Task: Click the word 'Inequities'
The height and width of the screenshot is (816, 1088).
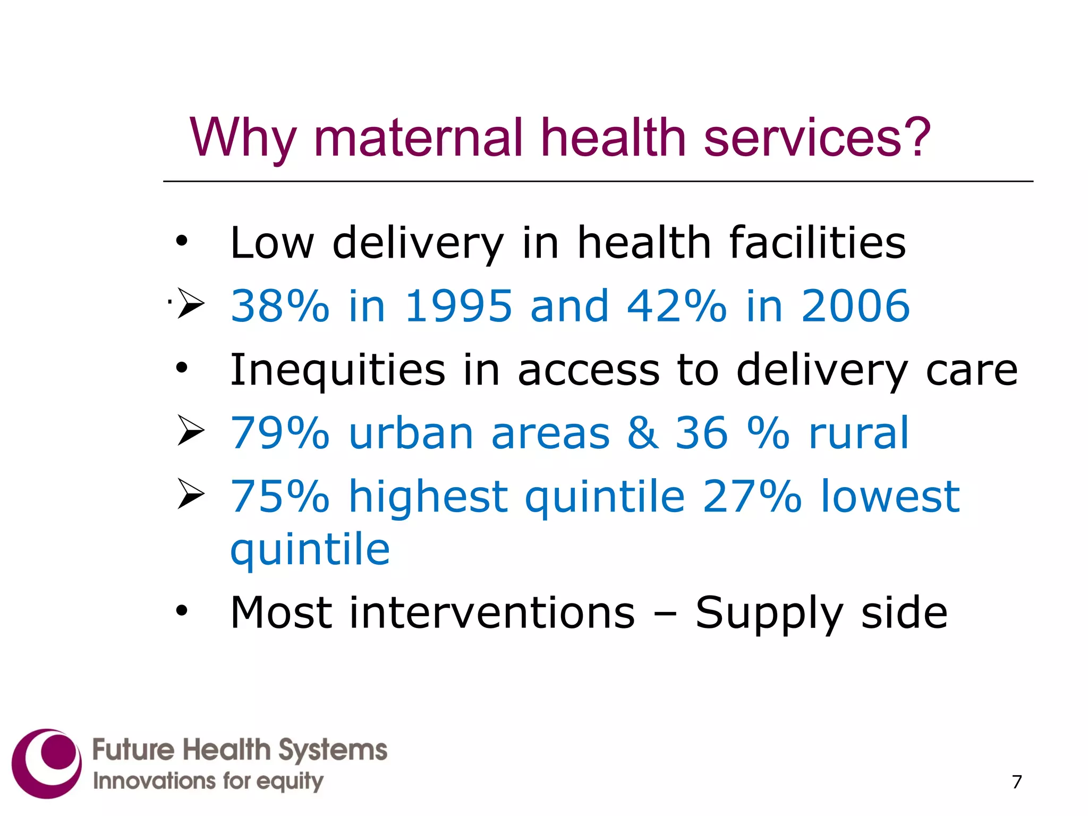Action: [x=338, y=370]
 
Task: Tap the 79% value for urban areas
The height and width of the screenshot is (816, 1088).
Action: [x=280, y=433]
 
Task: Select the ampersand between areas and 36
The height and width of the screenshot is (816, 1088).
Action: [x=643, y=433]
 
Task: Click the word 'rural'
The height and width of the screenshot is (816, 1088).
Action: [x=858, y=433]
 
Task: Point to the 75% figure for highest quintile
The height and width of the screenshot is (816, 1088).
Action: [x=280, y=496]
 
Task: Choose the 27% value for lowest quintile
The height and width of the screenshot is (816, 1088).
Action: [x=752, y=496]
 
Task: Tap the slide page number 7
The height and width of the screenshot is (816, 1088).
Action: [x=1017, y=782]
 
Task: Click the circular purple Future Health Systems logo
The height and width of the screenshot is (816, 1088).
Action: [x=47, y=763]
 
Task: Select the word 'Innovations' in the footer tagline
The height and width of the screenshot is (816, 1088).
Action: [x=154, y=781]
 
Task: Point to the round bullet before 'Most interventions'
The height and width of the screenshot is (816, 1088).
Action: [x=182, y=611]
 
